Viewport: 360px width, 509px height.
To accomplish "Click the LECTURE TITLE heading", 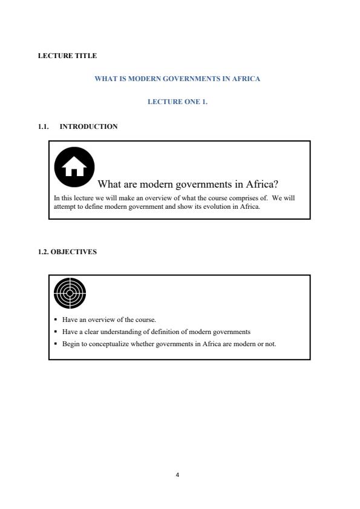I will [x=67, y=56].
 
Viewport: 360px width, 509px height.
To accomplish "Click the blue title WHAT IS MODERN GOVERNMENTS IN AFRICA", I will [x=177, y=79].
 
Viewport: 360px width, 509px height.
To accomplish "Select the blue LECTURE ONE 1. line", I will [x=177, y=102].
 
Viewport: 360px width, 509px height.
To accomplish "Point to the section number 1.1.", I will [x=44, y=126].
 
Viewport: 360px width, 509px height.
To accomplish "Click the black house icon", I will [x=74, y=166].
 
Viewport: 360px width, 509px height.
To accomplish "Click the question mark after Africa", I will [x=274, y=184].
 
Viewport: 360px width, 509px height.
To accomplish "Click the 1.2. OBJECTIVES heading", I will [x=67, y=252].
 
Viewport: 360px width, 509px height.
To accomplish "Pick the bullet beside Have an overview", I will [x=56, y=320].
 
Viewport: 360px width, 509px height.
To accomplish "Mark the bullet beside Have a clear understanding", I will [x=56, y=332].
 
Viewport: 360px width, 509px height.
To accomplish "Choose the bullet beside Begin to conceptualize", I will [x=56, y=344].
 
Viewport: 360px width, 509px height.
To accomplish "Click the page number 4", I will [x=177, y=475].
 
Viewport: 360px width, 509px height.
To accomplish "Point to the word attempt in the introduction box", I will [x=64, y=206].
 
